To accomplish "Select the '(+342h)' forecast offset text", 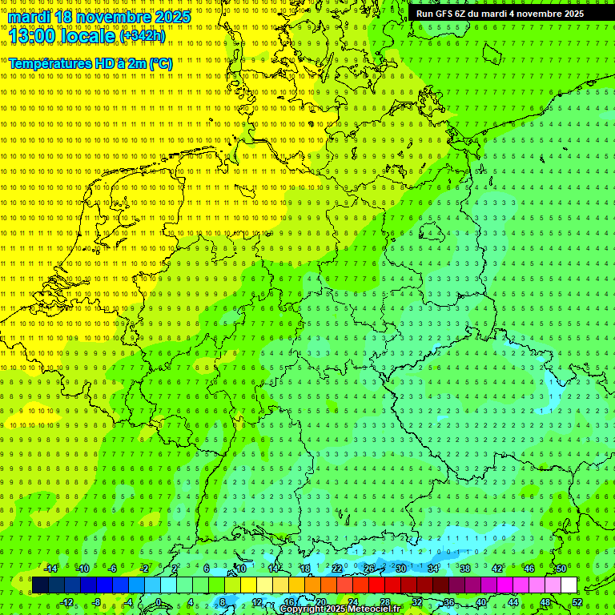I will pos(145,36).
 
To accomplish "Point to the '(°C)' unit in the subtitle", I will pos(160,63).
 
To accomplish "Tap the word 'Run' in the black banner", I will pos(424,14).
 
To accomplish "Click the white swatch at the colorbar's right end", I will pos(569,585).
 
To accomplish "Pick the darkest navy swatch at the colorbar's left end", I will pos(40,585).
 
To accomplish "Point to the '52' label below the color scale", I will pos(577,602).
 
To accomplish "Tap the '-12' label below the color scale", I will pos(66,602).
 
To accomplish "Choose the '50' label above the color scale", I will pos(561,569).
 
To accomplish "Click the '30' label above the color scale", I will pos(400,569).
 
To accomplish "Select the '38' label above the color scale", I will pos(464,569).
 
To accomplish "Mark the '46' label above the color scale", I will pos(529,569).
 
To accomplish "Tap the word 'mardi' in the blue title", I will pos(30,17).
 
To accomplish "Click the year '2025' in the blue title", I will pos(172,17).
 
